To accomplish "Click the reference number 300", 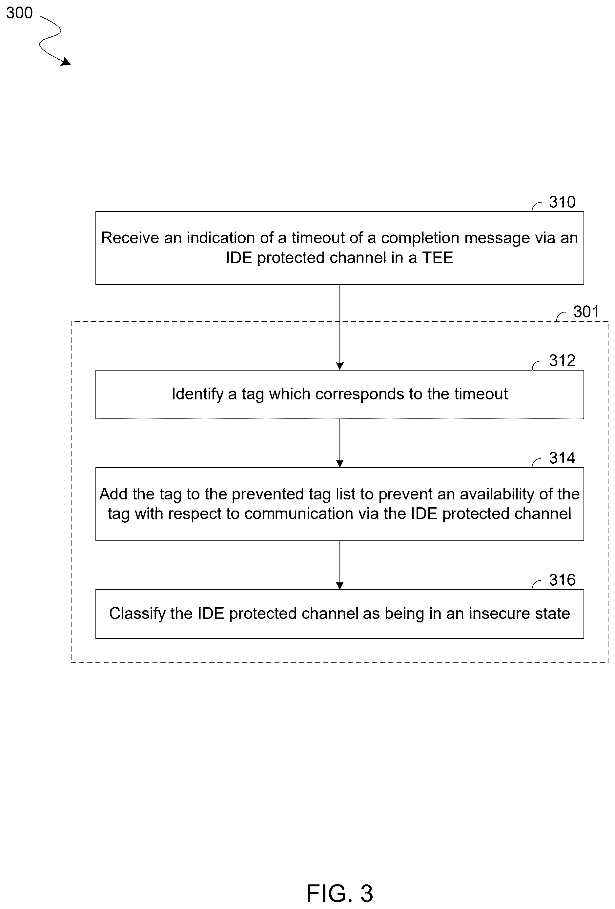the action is coord(19,13).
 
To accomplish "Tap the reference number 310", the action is coord(562,202).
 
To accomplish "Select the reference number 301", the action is coord(586,312).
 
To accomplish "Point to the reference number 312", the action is coord(562,361).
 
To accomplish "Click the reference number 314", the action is coord(562,458).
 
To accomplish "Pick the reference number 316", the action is coord(562,580).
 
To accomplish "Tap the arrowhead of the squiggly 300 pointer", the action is coord(67,61).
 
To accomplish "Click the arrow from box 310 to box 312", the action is coord(339,327).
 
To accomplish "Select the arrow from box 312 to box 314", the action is coord(339,443).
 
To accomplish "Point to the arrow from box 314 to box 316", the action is coord(339,565).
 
